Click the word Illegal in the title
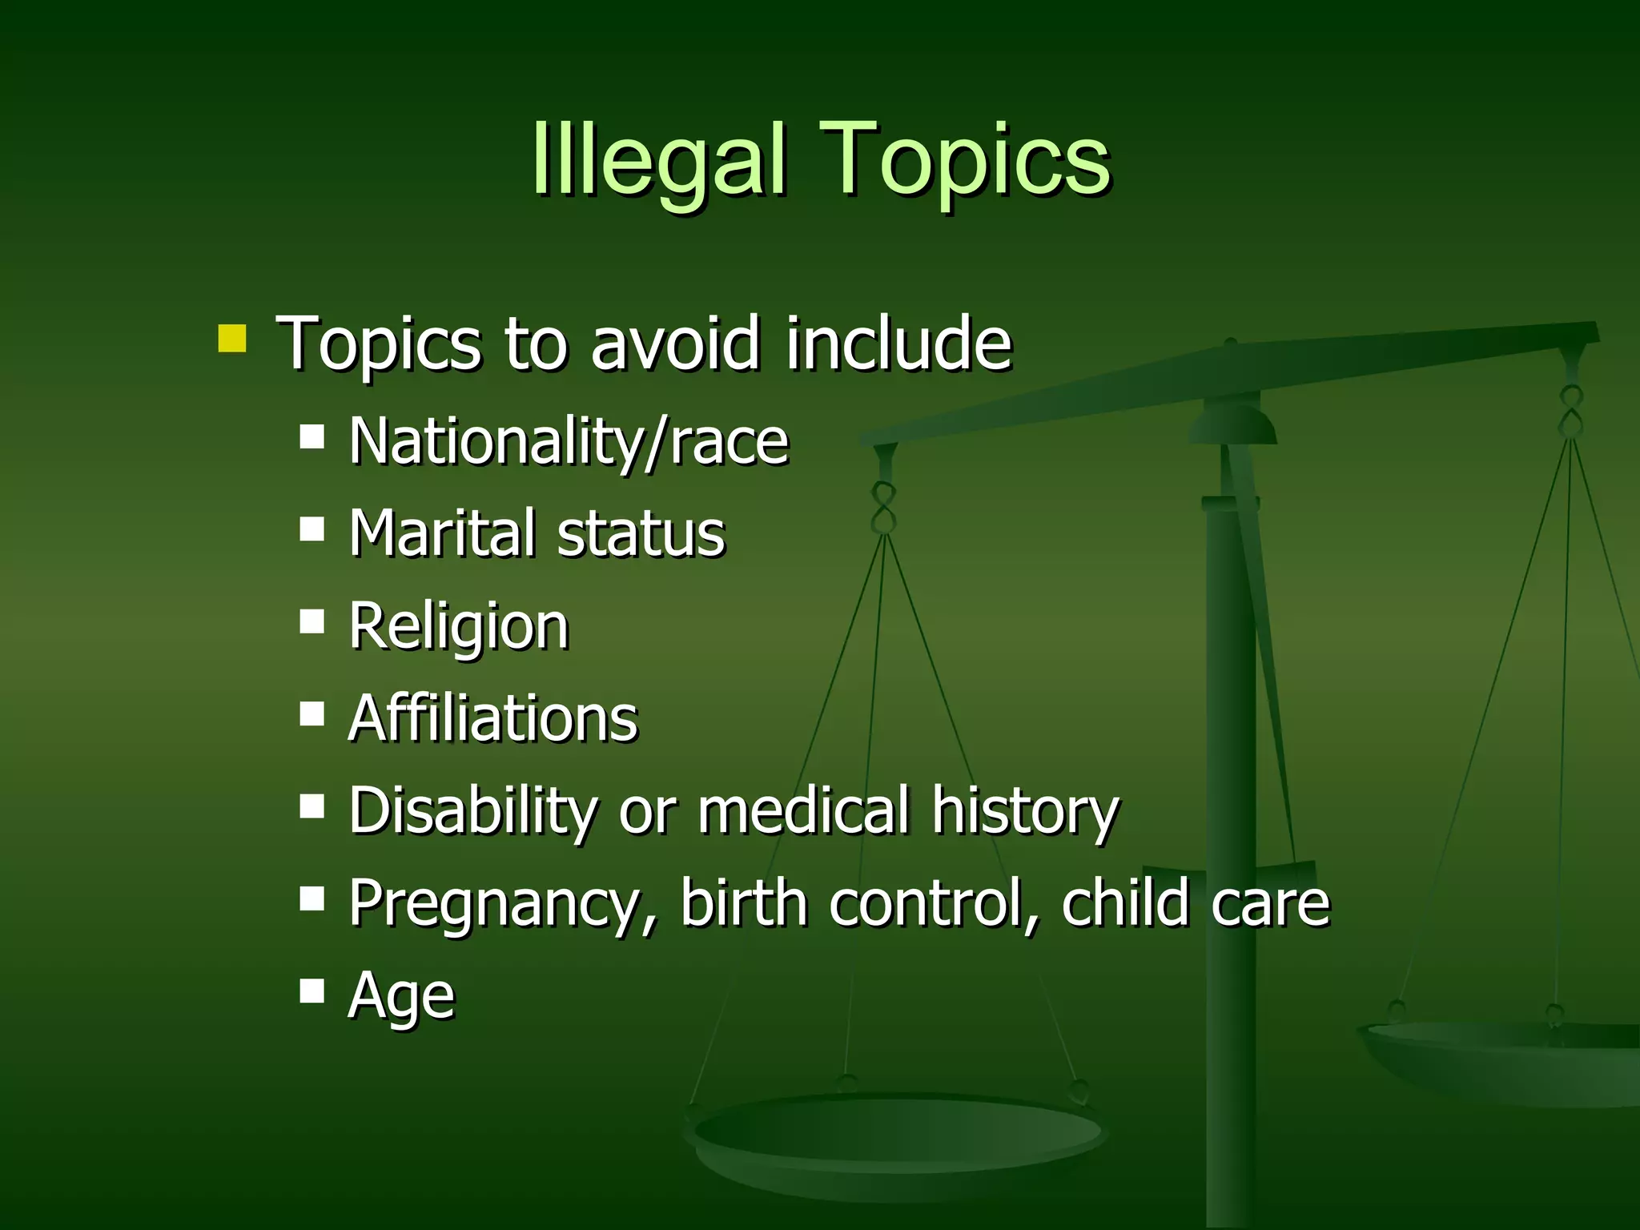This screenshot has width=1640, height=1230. (x=658, y=160)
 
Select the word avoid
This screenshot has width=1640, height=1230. (x=674, y=344)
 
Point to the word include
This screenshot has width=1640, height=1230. (x=898, y=344)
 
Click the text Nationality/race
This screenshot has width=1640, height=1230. (x=569, y=442)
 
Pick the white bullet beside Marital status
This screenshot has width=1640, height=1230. (x=312, y=529)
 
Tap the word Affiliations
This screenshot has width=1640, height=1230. (x=493, y=719)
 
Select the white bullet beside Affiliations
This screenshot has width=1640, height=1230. (x=312, y=713)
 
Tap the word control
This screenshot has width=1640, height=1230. (x=934, y=903)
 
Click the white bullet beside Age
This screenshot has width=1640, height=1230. (x=312, y=991)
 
